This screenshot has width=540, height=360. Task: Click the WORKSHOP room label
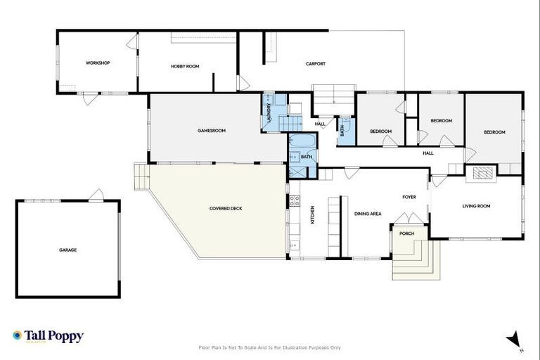98,63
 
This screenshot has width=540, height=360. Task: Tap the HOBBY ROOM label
185,66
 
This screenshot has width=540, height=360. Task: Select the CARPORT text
315,64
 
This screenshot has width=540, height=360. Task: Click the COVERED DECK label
226,208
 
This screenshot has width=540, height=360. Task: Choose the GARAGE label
67,250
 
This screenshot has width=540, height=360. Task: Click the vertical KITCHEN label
312,214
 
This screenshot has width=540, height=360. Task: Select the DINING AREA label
368,213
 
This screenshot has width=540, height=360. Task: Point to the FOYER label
410,197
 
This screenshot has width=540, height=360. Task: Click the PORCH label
406,233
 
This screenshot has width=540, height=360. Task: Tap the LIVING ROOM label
476,206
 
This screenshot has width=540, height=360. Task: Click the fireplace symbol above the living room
482,174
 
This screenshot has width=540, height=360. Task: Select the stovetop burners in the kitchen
295,202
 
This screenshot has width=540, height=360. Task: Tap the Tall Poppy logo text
53,336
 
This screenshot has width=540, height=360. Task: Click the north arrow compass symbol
514,340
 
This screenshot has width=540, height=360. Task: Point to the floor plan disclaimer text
270,347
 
